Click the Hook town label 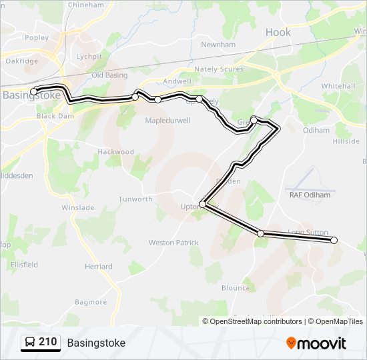point(278,32)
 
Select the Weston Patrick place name point(173,243)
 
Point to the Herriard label point(98,267)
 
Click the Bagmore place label point(91,302)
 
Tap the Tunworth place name point(135,199)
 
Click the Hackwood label point(116,151)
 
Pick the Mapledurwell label point(168,121)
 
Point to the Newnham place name point(219,45)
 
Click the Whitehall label point(338,86)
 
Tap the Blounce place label point(236,288)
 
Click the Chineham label point(87,5)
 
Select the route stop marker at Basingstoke point(34,91)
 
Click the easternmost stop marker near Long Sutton point(334,240)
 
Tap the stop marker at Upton point(203,205)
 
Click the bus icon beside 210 point(30,343)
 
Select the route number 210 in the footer point(48,342)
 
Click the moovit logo point(316,343)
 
